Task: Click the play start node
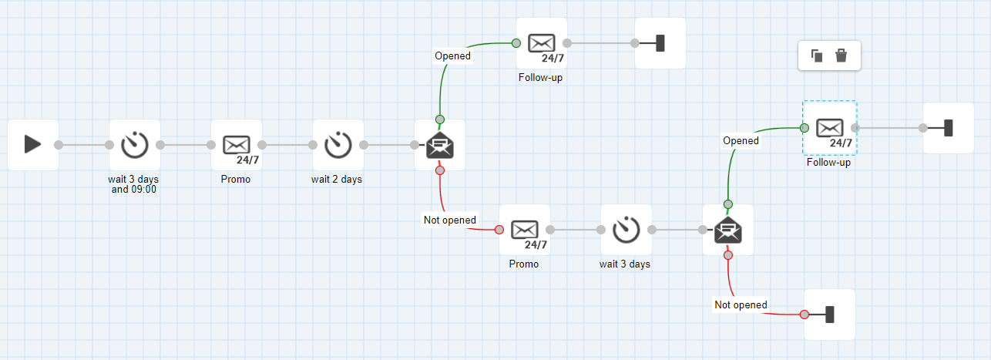click(x=33, y=144)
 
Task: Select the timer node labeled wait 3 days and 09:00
click(x=135, y=144)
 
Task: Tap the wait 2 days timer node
click(x=338, y=144)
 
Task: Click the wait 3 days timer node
click(x=626, y=229)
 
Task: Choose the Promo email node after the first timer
click(x=237, y=144)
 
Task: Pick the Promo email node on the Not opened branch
click(x=524, y=229)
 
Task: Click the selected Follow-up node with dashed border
click(x=829, y=128)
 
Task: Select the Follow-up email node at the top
click(x=541, y=43)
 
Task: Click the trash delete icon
click(x=842, y=56)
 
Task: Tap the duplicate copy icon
click(x=817, y=56)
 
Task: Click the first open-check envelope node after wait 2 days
click(x=440, y=144)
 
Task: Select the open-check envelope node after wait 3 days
click(x=728, y=229)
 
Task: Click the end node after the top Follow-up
click(x=660, y=43)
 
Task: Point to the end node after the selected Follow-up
click(x=948, y=128)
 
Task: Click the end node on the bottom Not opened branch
click(x=830, y=314)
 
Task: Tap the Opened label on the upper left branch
click(x=452, y=56)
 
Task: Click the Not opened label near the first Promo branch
click(x=450, y=220)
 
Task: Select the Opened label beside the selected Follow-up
click(x=741, y=140)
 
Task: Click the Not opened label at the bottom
click(x=741, y=304)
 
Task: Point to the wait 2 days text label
click(x=337, y=180)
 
